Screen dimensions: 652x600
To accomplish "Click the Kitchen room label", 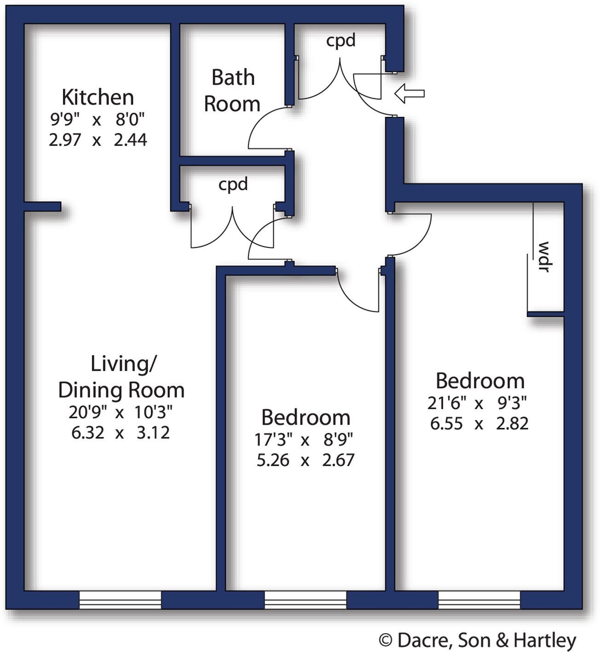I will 98,97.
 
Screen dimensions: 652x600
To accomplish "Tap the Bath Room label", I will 232,91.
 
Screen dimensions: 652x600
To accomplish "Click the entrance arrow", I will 409,93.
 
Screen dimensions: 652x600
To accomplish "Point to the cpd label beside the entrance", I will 340,40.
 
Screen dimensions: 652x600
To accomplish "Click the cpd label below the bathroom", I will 233,184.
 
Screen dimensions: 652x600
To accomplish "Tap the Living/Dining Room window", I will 120,600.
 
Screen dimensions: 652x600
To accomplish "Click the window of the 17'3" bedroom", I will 305,600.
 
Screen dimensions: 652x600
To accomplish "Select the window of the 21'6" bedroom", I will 479,600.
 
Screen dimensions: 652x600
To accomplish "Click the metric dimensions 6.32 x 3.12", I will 121,433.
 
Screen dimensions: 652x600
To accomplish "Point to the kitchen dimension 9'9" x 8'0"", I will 97,120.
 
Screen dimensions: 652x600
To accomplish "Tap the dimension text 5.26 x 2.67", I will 306,460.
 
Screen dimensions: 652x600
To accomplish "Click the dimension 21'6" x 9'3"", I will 477,403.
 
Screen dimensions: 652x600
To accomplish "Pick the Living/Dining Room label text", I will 121,377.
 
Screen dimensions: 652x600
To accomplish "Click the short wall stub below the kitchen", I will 42,206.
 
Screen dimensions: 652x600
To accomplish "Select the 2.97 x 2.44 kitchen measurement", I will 98,139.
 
